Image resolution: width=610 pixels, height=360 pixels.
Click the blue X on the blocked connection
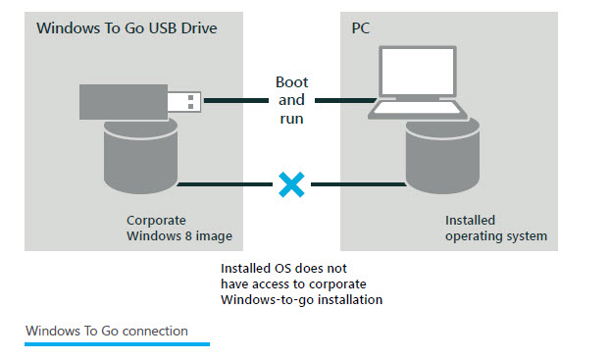point(288,183)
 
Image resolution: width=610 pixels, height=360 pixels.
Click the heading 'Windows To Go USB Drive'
point(127,27)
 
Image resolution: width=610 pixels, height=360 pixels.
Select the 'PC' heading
point(361,27)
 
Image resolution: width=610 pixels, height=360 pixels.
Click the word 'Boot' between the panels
point(290,81)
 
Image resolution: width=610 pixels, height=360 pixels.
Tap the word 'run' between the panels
point(290,119)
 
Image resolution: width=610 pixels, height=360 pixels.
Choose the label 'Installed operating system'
point(495,229)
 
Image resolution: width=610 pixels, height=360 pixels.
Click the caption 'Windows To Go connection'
point(107,331)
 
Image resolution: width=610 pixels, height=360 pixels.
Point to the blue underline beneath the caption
point(117,344)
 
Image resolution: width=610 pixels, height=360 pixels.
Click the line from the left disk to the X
point(226,183)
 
